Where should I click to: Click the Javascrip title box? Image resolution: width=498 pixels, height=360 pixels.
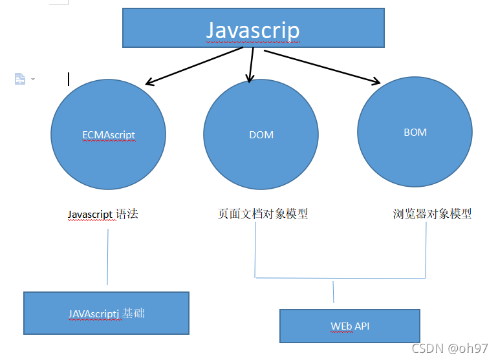[x=254, y=28]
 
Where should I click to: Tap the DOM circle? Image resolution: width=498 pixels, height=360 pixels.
[x=261, y=155]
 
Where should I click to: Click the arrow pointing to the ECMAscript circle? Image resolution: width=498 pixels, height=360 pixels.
[x=194, y=66]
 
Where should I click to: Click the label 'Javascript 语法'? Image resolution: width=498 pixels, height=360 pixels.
[x=103, y=214]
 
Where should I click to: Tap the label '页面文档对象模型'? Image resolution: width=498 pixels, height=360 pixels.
[x=263, y=214]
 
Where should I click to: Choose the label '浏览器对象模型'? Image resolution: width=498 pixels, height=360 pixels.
[x=432, y=214]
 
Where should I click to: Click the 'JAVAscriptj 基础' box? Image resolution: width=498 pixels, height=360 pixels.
[x=106, y=313]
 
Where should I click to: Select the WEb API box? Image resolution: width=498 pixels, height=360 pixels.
[x=350, y=326]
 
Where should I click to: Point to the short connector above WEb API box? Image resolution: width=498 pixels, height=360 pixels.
[x=333, y=291]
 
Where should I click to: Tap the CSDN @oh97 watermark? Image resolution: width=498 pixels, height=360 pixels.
[x=449, y=348]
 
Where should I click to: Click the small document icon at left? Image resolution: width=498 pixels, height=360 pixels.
[x=20, y=78]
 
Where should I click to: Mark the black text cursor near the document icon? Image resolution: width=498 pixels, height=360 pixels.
[x=69, y=79]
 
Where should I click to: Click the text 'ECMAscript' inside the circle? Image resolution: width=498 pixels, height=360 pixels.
[x=109, y=135]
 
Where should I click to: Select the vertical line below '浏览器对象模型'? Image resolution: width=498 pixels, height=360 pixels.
[x=426, y=252]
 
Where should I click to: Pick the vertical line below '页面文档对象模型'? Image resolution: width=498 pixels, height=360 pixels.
[x=255, y=252]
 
